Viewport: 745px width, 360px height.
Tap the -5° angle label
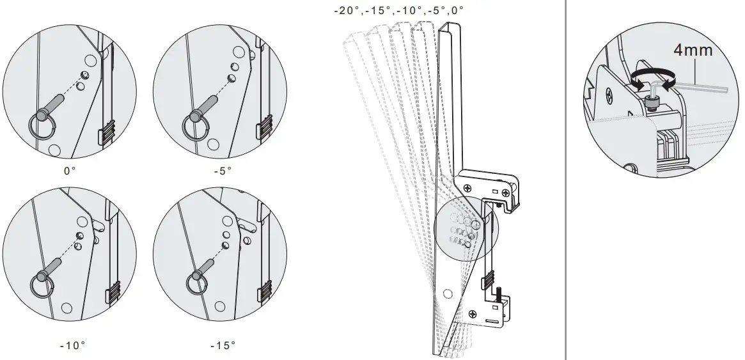(223, 171)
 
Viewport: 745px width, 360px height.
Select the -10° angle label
(72, 345)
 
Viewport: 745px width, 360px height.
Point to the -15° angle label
(223, 345)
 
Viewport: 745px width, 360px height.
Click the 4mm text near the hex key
(693, 50)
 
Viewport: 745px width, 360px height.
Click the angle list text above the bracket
(398, 10)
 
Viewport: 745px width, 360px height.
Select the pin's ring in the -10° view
(40, 285)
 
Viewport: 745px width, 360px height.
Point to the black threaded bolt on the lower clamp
(496, 296)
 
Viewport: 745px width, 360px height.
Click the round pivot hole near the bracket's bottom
(448, 293)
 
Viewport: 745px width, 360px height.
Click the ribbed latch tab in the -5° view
(263, 127)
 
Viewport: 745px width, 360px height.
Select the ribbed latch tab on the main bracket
(488, 280)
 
